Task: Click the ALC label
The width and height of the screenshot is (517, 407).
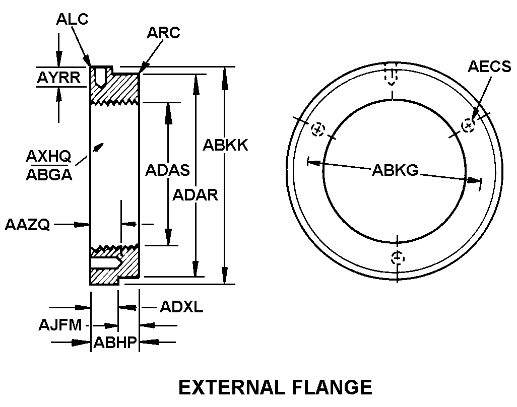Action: tap(72, 19)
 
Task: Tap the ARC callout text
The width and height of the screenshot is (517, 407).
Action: tap(164, 33)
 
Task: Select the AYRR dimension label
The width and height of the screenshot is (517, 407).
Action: tap(58, 78)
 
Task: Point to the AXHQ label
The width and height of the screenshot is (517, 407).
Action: tap(48, 156)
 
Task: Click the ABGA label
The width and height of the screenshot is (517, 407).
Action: tap(49, 175)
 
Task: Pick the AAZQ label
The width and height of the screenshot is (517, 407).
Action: tap(27, 225)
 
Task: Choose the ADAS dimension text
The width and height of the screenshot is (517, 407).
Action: tap(167, 170)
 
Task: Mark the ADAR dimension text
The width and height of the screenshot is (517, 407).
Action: tap(195, 195)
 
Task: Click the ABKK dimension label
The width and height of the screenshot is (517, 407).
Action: tap(225, 145)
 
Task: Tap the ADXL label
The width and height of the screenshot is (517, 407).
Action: tap(181, 307)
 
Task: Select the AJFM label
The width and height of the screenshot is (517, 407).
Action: tap(60, 325)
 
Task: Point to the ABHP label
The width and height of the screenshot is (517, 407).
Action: tap(115, 343)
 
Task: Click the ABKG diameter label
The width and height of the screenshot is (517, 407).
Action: tap(395, 170)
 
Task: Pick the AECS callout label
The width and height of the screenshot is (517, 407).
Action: tap(489, 66)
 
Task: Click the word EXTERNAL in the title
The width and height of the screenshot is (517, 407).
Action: tap(231, 387)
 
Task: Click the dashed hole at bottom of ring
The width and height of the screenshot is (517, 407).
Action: tap(398, 257)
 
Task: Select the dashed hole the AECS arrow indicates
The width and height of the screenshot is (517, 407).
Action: tap(468, 125)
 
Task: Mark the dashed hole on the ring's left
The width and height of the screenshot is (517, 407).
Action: tap(318, 129)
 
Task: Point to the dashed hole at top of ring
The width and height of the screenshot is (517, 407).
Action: tap(392, 77)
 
